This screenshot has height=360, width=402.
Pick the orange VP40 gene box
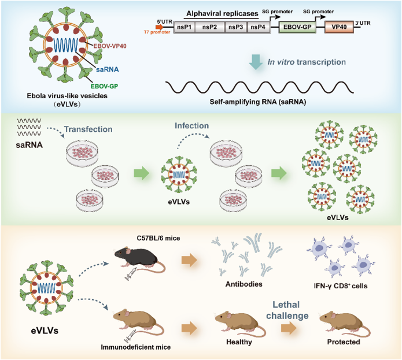340,27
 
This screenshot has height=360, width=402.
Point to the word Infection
192,125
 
